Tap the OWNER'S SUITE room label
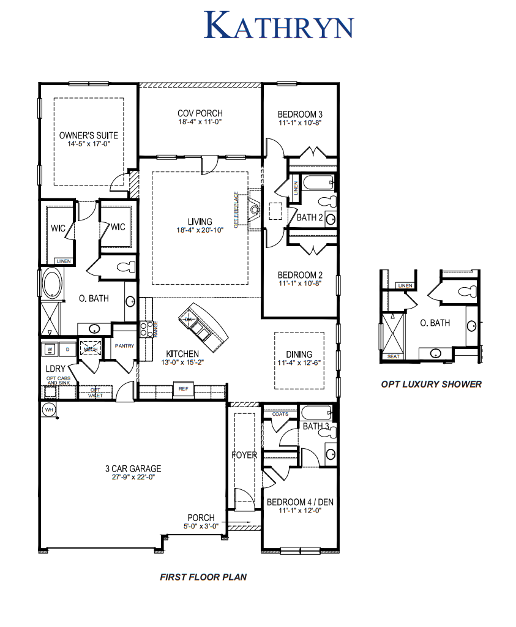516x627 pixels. click(89, 135)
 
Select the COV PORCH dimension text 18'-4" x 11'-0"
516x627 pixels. click(200, 122)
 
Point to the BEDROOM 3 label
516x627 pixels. click(300, 114)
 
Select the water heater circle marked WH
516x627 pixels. click(48, 410)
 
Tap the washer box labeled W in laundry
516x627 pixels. click(50, 349)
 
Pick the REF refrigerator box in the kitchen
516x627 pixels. click(182, 389)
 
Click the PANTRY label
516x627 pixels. click(124, 346)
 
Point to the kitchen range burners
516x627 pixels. click(146, 329)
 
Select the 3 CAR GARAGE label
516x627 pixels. click(133, 469)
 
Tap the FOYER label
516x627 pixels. click(244, 455)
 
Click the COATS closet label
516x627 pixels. click(280, 414)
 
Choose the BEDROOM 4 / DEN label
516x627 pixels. click(300, 502)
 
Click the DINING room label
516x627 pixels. click(299, 354)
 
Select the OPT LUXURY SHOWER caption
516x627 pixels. click(431, 384)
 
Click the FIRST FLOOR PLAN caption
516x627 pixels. click(203, 577)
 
